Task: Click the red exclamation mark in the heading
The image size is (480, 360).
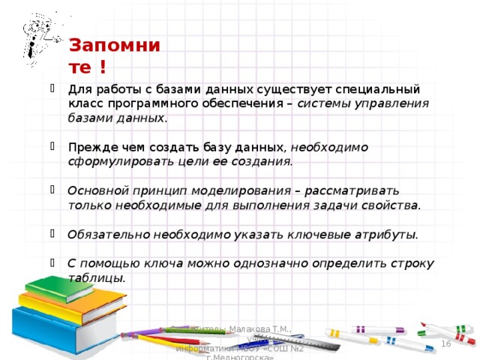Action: [101, 70]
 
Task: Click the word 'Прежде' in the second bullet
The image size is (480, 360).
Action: [87, 147]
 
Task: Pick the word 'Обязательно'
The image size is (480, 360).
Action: [109, 234]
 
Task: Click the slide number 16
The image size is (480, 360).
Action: [445, 343]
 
